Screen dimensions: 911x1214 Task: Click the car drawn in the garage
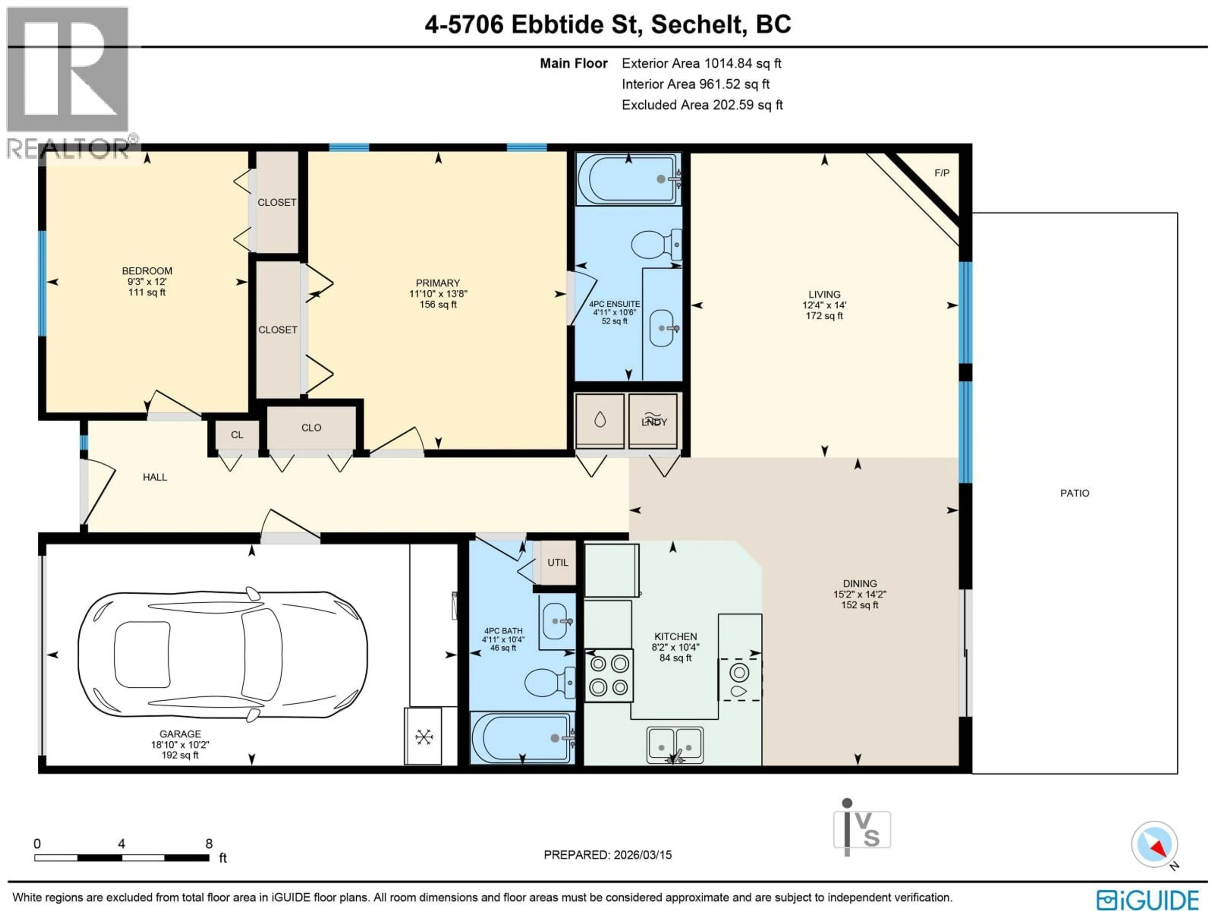click(222, 654)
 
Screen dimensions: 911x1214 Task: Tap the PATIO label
click(1074, 493)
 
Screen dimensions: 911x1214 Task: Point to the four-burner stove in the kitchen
click(609, 675)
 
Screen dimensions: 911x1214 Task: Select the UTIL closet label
click(558, 563)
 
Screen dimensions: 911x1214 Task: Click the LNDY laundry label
click(654, 422)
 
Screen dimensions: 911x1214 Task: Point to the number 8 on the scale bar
click(209, 843)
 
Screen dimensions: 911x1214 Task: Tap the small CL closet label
click(236, 435)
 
